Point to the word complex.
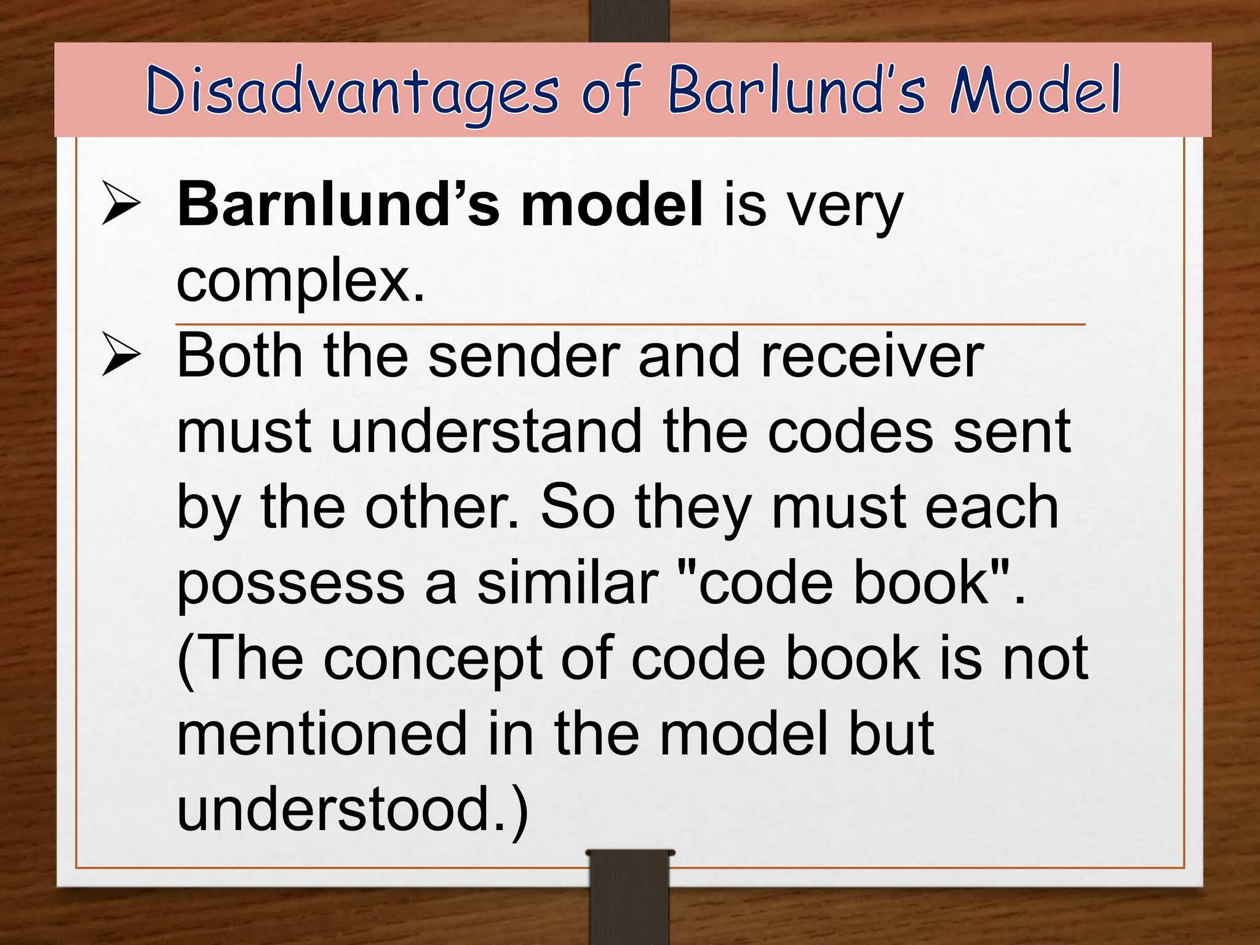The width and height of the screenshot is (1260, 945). pyautogui.click(x=300, y=281)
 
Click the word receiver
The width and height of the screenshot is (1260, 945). pyautogui.click(x=872, y=356)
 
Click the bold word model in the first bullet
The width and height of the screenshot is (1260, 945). pyautogui.click(x=612, y=204)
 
